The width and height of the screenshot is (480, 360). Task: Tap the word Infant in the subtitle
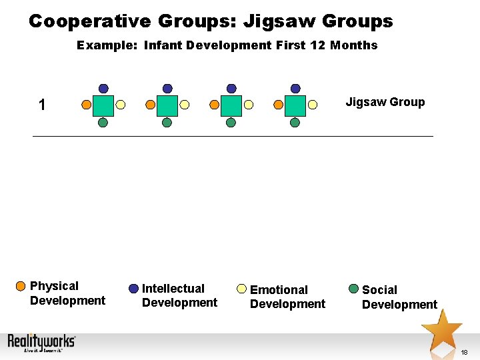click(x=163, y=45)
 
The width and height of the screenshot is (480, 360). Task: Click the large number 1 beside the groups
click(x=42, y=105)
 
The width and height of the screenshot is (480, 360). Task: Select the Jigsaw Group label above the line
click(x=385, y=102)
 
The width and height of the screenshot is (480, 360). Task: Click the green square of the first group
click(x=103, y=105)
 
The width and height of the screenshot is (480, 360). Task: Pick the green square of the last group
click(x=295, y=105)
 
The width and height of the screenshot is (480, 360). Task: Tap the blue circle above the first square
click(x=103, y=88)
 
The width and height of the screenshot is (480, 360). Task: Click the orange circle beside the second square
click(x=150, y=105)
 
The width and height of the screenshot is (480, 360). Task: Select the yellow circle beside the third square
click(x=248, y=105)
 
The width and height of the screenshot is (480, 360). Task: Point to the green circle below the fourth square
click(x=295, y=122)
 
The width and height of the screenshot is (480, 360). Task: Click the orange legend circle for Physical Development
click(x=21, y=287)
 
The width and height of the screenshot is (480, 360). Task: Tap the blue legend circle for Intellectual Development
click(x=133, y=289)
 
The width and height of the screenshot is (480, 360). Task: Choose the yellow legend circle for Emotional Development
click(x=242, y=289)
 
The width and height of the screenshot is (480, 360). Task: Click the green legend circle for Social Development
click(x=353, y=289)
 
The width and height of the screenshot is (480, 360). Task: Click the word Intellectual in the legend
click(x=173, y=289)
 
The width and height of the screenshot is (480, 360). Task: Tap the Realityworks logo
click(x=41, y=343)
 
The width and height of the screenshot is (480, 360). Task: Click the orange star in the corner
click(x=441, y=328)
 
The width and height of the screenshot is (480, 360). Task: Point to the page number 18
click(x=464, y=352)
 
